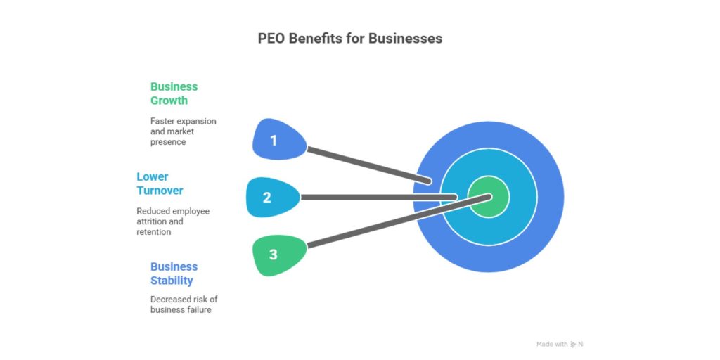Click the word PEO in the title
point(272,39)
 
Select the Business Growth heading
point(174,94)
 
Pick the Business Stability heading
point(174,274)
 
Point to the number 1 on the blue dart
point(274,140)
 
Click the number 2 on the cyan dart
point(267,198)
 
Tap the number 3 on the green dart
point(274,254)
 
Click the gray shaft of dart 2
point(373,198)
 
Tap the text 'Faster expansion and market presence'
point(183,131)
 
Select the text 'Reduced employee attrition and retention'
point(172,221)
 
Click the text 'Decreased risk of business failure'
point(184,304)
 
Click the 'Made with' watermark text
point(551,344)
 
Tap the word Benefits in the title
point(320,39)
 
